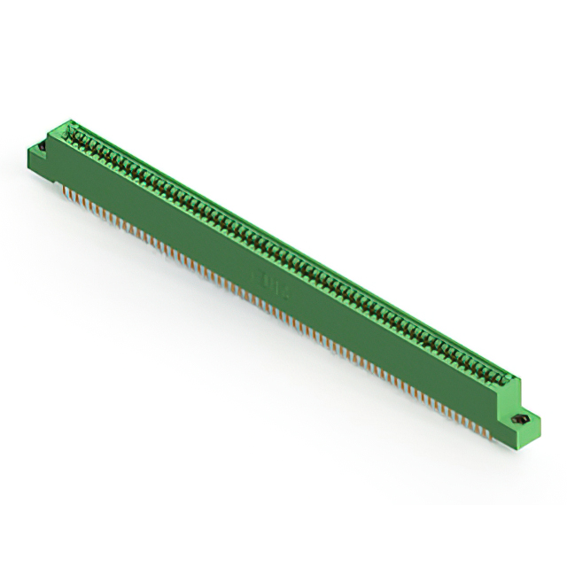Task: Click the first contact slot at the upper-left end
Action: click(74, 134)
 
